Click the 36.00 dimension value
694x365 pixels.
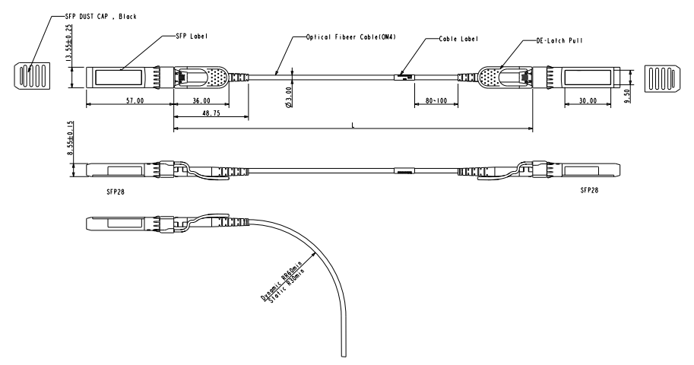point(201,100)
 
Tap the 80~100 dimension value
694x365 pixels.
point(436,100)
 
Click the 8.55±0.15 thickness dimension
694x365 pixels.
point(69,139)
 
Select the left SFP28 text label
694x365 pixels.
point(116,192)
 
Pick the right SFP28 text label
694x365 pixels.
point(589,190)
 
